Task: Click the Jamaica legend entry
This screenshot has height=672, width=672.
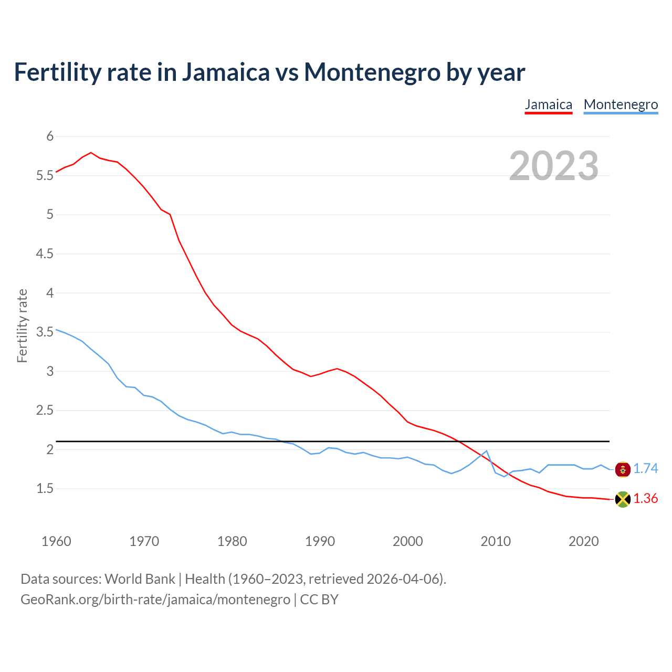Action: pyautogui.click(x=548, y=104)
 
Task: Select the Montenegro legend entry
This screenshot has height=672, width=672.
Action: pyautogui.click(x=621, y=104)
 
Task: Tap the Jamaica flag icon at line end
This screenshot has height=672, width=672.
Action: pyautogui.click(x=622, y=499)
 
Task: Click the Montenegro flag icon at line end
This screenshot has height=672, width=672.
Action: pyautogui.click(x=622, y=469)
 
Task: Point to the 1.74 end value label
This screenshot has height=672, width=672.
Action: pyautogui.click(x=645, y=469)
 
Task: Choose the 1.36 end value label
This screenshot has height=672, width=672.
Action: pyautogui.click(x=645, y=499)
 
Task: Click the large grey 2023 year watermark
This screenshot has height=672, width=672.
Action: pyautogui.click(x=553, y=166)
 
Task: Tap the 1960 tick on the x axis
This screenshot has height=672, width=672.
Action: pyautogui.click(x=56, y=541)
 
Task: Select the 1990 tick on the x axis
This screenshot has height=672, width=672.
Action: pyautogui.click(x=320, y=541)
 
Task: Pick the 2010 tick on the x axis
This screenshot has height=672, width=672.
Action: pyautogui.click(x=496, y=541)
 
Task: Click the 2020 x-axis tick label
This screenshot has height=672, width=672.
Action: pyautogui.click(x=583, y=541)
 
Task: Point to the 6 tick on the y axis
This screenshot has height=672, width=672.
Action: pyautogui.click(x=50, y=136)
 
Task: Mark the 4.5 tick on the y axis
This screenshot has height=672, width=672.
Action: pyautogui.click(x=45, y=254)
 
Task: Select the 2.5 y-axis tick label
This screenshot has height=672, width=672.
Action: pyautogui.click(x=45, y=411)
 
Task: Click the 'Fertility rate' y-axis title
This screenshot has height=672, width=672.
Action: pyautogui.click(x=22, y=325)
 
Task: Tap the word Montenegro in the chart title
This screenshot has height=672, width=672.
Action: pyautogui.click(x=372, y=72)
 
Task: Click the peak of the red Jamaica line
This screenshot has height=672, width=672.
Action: pyautogui.click(x=91, y=153)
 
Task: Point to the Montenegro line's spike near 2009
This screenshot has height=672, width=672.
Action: pyautogui.click(x=486, y=451)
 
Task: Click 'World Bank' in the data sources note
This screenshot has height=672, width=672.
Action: pyautogui.click(x=140, y=579)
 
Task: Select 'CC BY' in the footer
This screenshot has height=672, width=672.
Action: pyautogui.click(x=319, y=600)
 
